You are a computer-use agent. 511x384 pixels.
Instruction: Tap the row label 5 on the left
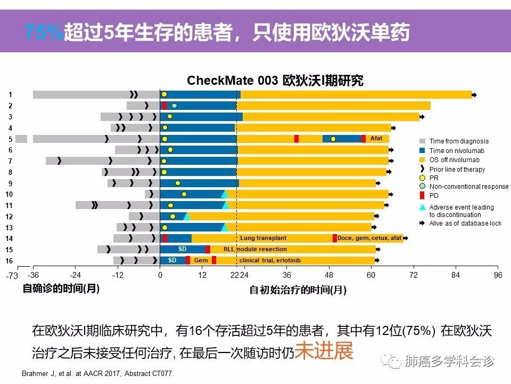tap(10, 139)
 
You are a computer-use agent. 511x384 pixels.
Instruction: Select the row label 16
tap(9, 261)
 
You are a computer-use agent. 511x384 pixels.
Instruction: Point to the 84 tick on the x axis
tap(455, 275)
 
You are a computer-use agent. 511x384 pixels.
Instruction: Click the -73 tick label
tap(12, 276)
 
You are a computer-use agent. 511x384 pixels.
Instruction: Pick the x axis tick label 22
tap(234, 275)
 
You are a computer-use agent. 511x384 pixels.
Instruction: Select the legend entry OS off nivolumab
tap(454, 160)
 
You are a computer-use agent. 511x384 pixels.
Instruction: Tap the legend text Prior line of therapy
tap(457, 170)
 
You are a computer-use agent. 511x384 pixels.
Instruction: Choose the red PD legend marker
tap(422, 195)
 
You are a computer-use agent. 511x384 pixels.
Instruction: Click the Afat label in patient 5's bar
tap(376, 139)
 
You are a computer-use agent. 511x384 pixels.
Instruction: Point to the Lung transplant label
tap(263, 238)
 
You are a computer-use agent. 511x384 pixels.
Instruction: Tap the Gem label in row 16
tap(201, 260)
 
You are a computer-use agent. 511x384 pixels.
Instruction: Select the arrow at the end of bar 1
tap(475, 95)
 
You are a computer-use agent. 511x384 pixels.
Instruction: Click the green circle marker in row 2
tap(174, 106)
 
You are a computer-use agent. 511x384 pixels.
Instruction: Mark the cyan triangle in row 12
tap(186, 216)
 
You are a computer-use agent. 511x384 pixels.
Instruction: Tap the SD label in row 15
tap(182, 249)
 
